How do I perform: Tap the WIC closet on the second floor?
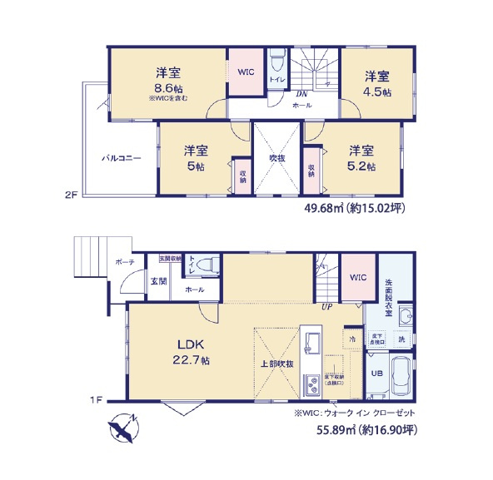point(246,72)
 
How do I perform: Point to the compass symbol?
point(122,428)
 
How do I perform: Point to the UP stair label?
point(328,307)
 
